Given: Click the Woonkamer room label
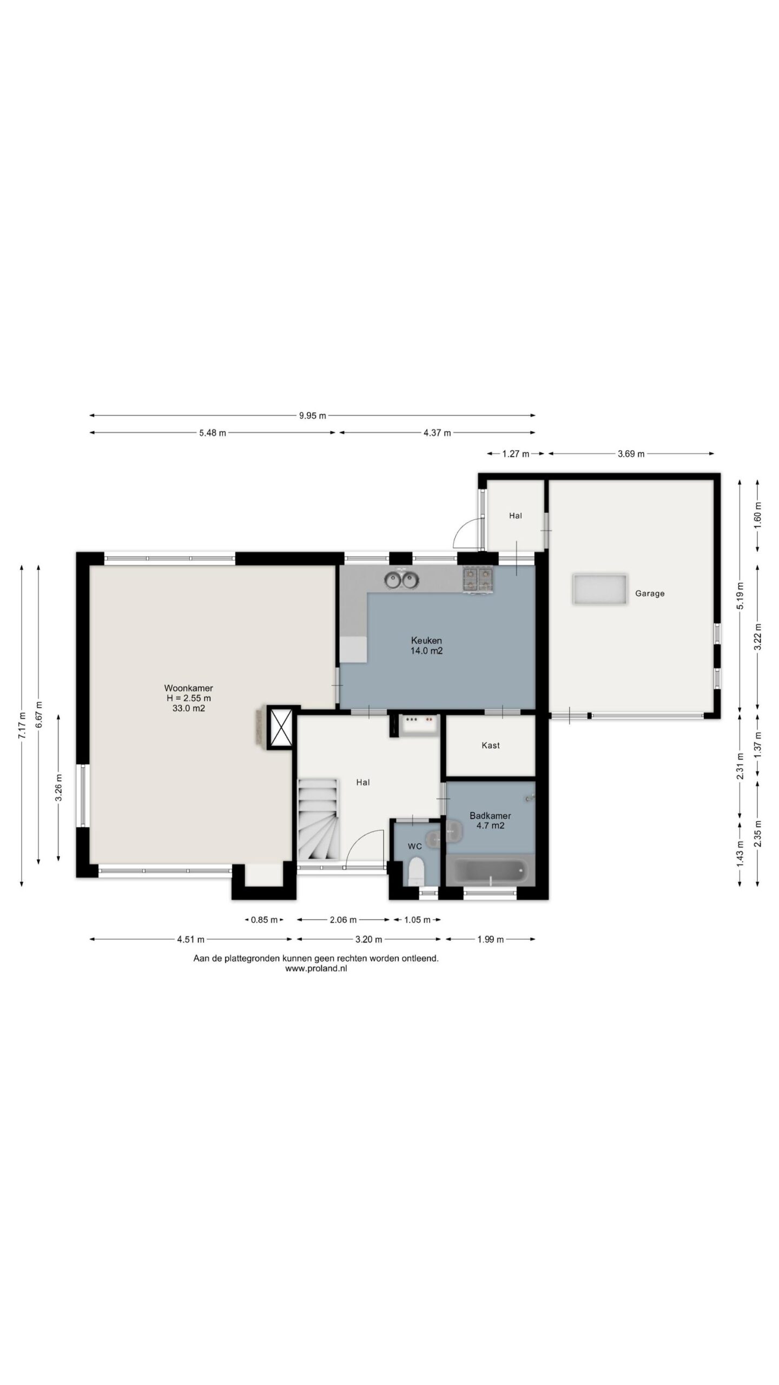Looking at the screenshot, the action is [x=188, y=688].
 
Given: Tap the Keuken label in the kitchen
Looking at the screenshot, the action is [x=426, y=641].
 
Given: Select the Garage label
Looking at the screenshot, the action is [x=650, y=593].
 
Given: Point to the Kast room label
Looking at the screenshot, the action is [x=491, y=746].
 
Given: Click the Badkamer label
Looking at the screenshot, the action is [x=490, y=816].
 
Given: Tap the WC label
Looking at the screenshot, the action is [x=415, y=846].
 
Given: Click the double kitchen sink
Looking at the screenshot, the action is [x=402, y=581].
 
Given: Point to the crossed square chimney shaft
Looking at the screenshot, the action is [x=281, y=728].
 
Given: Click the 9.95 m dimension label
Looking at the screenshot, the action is [x=313, y=415].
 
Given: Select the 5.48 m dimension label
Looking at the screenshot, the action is [x=213, y=433].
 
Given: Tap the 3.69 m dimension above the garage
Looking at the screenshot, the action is [x=631, y=454].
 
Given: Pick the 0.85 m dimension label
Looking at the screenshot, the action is [x=264, y=920].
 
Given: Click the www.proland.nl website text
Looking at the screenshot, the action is [x=316, y=968].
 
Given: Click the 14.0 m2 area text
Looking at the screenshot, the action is [x=426, y=651].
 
